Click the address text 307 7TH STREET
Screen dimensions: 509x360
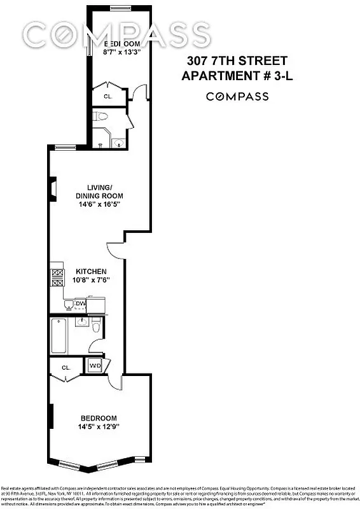point(237,62)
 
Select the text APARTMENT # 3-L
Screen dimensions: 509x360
point(237,76)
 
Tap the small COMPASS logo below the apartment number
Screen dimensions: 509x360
point(237,97)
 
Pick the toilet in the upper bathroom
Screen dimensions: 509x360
point(100,116)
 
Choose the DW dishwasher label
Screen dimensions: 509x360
point(80,304)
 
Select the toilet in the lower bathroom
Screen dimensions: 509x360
point(95,328)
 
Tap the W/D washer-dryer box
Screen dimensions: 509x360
point(95,366)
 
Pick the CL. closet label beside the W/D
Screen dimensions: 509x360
point(66,368)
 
